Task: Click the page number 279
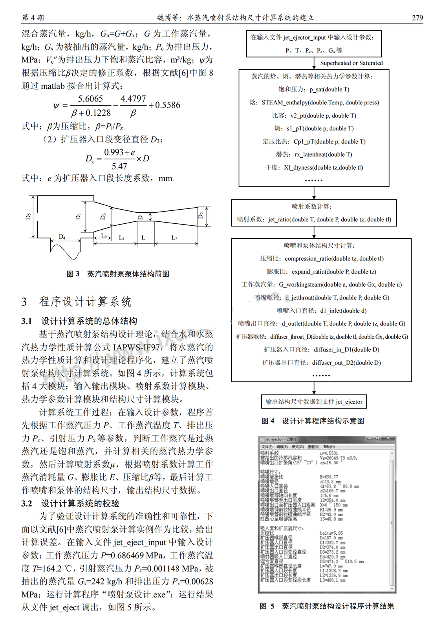coord(417,18)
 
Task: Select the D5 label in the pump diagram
coord(28,216)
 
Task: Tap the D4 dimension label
coord(62,237)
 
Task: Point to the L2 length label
coord(174,238)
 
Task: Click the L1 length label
coord(122,238)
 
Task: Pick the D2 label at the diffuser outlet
coord(201,215)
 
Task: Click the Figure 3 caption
coord(118,274)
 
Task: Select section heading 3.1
coord(79,321)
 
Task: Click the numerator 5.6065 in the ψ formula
coord(90,99)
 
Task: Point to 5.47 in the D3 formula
coord(119,166)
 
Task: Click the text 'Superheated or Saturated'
coord(351,63)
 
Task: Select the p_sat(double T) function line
coord(314,90)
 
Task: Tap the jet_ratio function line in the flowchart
coord(314,219)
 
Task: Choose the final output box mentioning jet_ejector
coord(314,402)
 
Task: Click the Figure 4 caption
coord(313,421)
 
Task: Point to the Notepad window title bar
coord(327,439)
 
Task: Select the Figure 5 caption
coord(327,606)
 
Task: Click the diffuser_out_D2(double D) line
coord(321,363)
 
